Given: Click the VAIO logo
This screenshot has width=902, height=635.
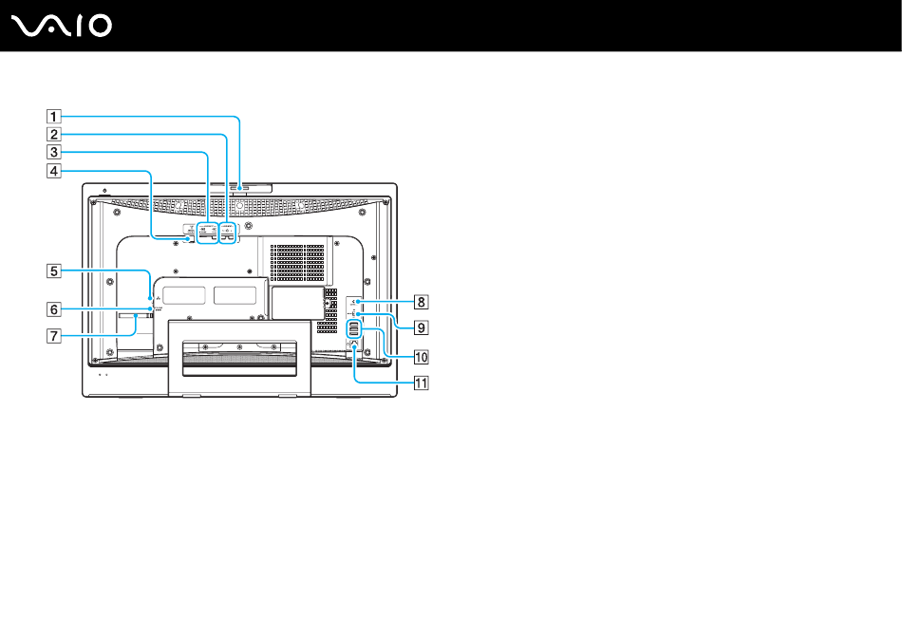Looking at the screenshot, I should point(63,26).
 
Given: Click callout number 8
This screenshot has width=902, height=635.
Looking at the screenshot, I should point(420,303).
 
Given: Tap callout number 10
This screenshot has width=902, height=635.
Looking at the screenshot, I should point(420,358).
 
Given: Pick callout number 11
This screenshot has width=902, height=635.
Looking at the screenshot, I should point(420,384).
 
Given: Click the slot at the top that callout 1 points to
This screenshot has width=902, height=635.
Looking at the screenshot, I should point(240,188).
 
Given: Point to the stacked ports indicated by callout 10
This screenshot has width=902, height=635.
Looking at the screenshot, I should point(353,329).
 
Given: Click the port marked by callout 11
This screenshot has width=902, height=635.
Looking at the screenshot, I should point(354,347).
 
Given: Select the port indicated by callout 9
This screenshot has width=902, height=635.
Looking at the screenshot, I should point(353,314).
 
